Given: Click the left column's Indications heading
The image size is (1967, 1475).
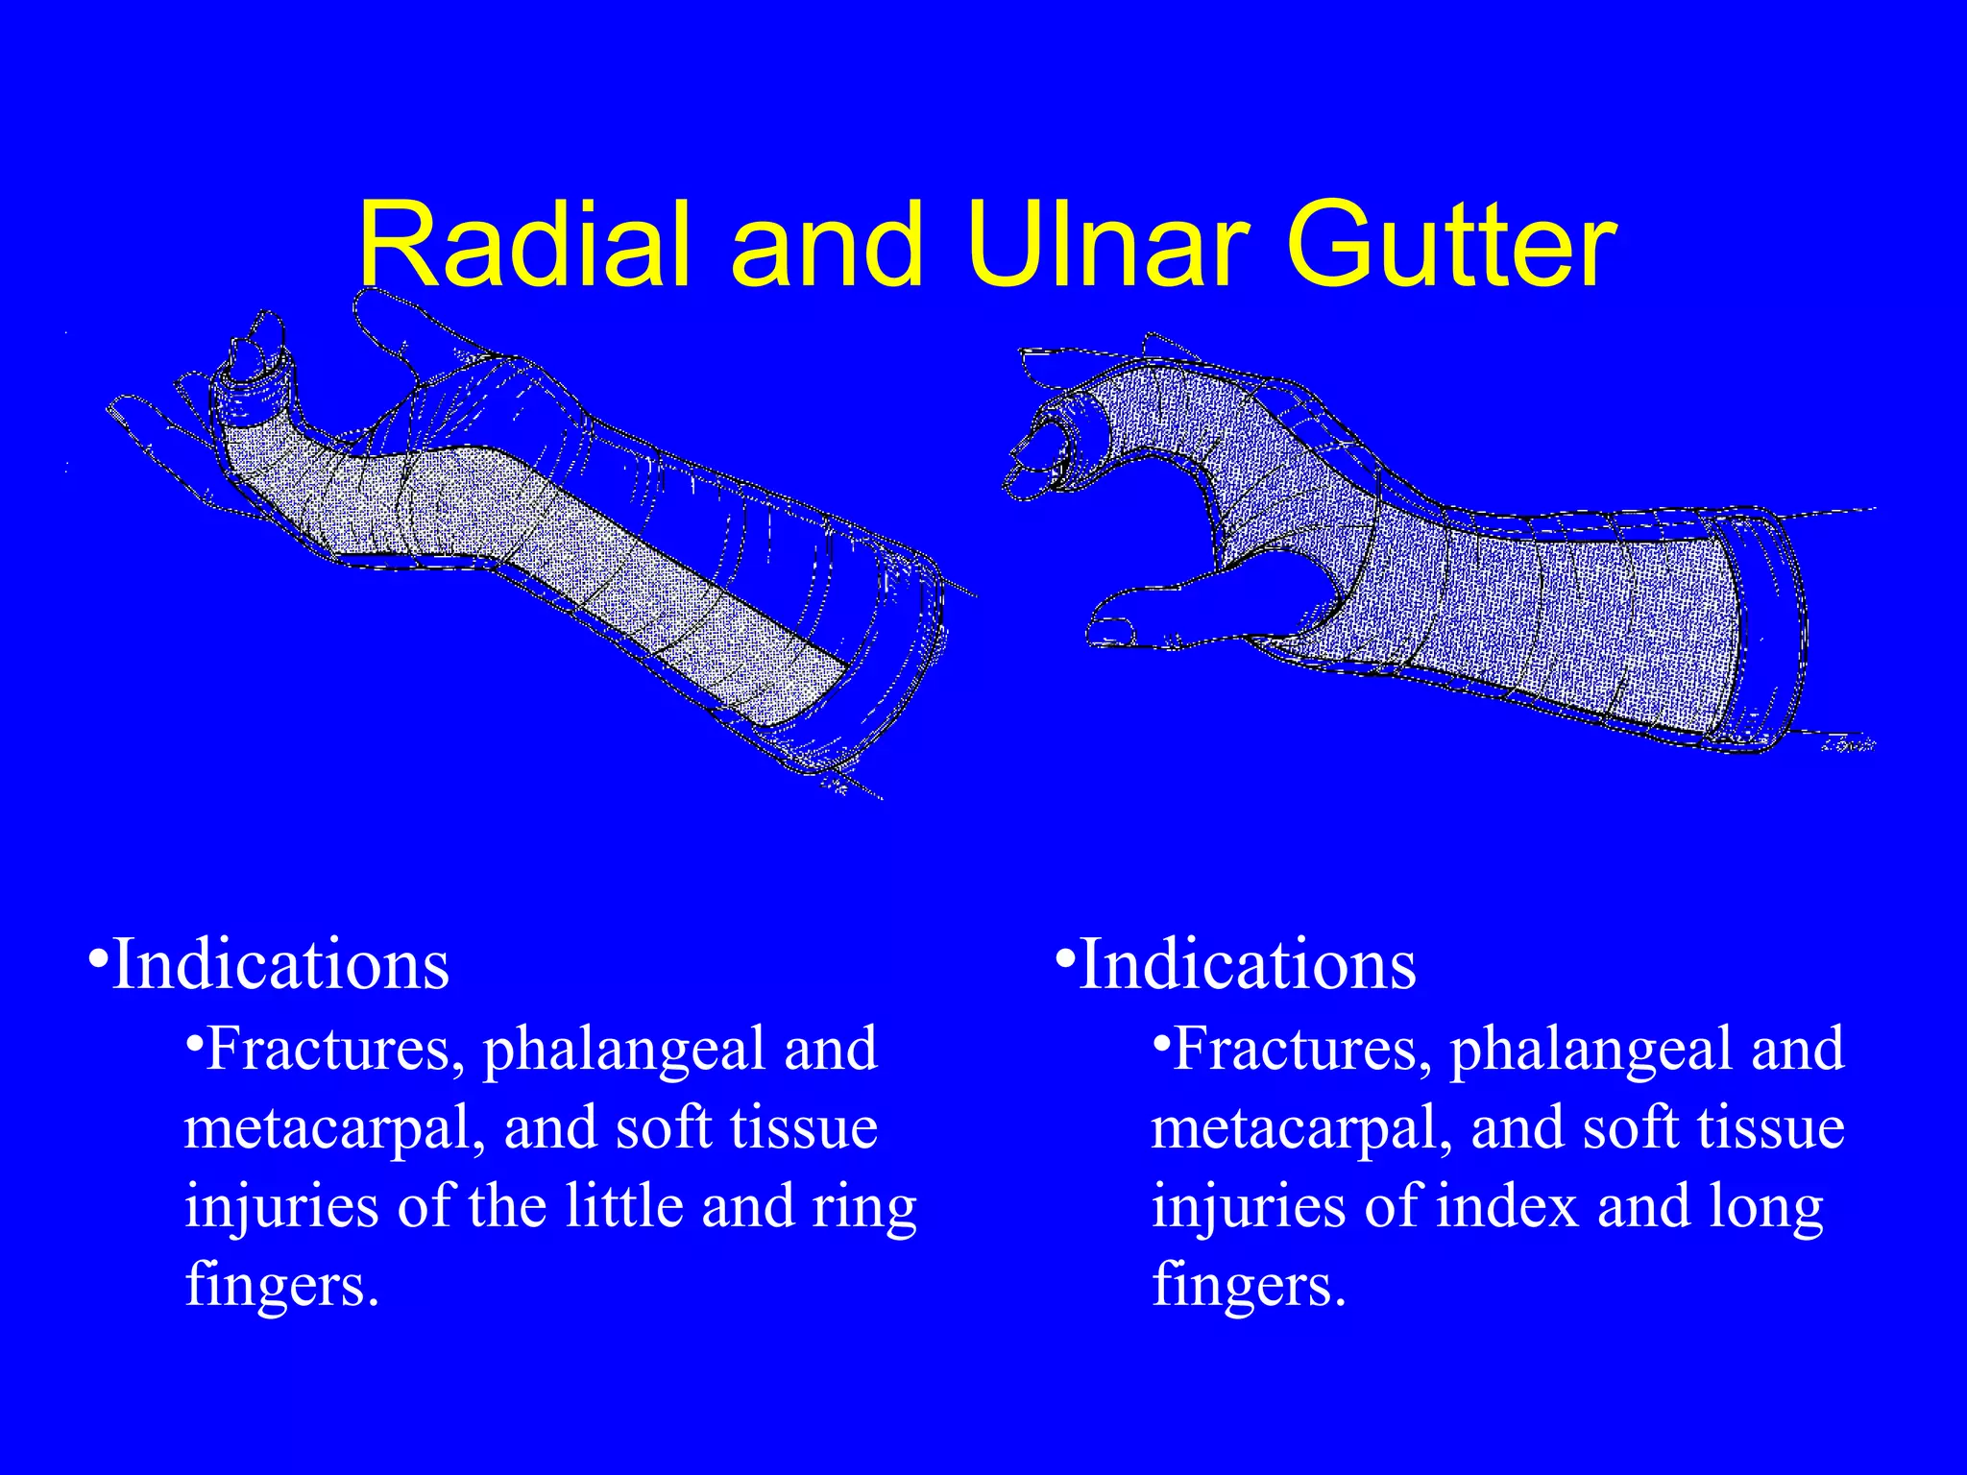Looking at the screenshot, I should (279, 964).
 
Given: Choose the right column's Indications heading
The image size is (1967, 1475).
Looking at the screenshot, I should (1247, 964).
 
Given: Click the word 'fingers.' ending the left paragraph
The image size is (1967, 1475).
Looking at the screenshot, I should (281, 1285).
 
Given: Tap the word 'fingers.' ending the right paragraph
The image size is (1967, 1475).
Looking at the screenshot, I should (1249, 1285).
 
